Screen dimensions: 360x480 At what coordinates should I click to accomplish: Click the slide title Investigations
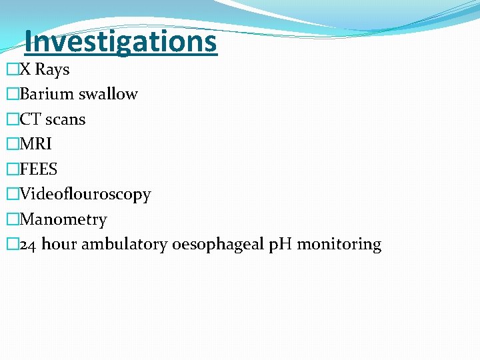tap(121, 41)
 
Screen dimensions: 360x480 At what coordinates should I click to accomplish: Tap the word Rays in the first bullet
tap(52, 69)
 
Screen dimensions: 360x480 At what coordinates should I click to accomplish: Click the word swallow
tap(108, 94)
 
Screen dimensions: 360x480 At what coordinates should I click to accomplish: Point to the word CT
tap(31, 119)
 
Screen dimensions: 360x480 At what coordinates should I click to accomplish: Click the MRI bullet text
tap(36, 144)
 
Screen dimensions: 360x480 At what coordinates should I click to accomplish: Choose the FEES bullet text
tap(39, 169)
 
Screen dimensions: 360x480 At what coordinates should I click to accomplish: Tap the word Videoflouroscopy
tap(85, 195)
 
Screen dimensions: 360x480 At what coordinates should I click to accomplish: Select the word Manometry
tap(63, 219)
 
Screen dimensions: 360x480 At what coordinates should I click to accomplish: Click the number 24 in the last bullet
tap(28, 245)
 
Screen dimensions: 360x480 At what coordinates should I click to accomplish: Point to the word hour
tap(59, 244)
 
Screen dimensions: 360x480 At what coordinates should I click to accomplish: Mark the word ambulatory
tap(125, 245)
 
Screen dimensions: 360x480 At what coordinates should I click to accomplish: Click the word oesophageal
tap(217, 245)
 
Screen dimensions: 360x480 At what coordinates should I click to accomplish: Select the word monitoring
tap(339, 245)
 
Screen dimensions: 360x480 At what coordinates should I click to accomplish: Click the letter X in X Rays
tap(25, 69)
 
